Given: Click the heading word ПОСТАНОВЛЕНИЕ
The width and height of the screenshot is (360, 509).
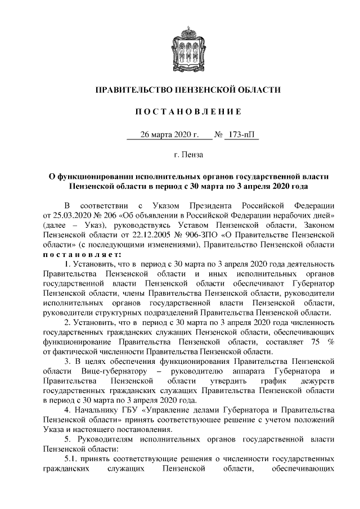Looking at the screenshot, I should pos(180,112).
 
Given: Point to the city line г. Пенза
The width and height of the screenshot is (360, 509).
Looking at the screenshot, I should pos(180,154).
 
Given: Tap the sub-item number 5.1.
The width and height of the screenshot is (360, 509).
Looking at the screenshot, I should pos(72,460).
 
